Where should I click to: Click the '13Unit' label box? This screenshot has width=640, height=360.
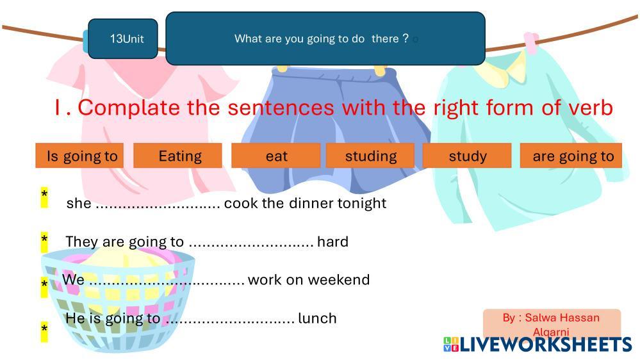coord(123,39)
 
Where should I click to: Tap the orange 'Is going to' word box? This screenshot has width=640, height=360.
coord(79,156)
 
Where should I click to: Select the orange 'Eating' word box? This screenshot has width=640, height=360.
coord(177,156)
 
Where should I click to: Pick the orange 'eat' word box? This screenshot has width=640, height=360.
coord(275,156)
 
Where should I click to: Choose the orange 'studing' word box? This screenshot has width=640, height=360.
coord(370,156)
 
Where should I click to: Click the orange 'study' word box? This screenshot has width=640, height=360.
coord(467,156)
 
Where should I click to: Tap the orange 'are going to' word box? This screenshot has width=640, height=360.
coord(571,156)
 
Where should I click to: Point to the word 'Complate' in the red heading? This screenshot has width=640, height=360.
coord(129,108)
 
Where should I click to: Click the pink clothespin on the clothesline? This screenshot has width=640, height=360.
coord(531,43)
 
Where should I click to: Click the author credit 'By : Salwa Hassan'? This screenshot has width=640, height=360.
coord(551,318)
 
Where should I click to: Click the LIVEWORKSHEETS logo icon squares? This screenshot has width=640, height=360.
coord(451,344)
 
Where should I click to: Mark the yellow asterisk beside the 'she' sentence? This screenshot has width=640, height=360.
coord(44,197)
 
